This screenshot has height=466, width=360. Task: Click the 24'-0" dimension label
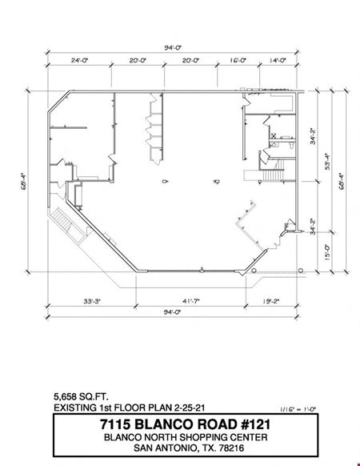pyautogui.click(x=80, y=60)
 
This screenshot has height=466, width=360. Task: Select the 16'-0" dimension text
pyautogui.click(x=238, y=60)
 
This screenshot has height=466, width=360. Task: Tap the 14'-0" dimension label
pyautogui.click(x=278, y=60)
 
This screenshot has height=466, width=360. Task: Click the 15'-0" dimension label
pyautogui.click(x=327, y=252)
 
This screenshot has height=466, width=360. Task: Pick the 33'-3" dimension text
pyautogui.click(x=92, y=301)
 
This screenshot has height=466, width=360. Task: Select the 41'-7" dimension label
pyautogui.click(x=191, y=301)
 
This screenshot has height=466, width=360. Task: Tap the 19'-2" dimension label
pyautogui.click(x=271, y=301)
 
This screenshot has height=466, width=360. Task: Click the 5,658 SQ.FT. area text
pyautogui.click(x=81, y=397)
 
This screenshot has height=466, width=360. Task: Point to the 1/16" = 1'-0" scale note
pyautogui.click(x=298, y=409)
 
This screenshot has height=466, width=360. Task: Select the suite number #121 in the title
pyautogui.click(x=255, y=424)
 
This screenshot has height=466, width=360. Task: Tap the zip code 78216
pyautogui.click(x=231, y=448)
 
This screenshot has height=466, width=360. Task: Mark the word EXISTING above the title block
pyautogui.click(x=75, y=408)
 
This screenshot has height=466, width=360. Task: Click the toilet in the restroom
pyautogui.click(x=292, y=145)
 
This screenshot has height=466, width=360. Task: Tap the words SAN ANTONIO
pyautogui.click(x=166, y=448)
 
